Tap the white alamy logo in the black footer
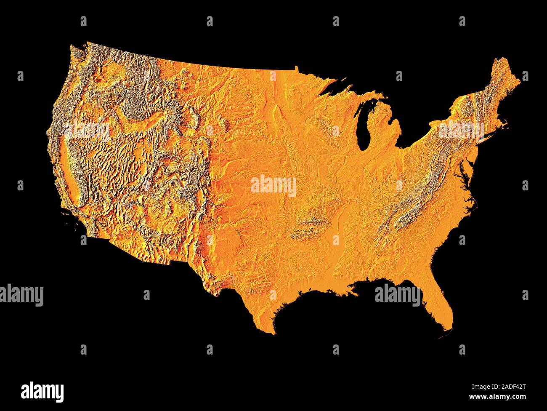42,391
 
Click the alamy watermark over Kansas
273,186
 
